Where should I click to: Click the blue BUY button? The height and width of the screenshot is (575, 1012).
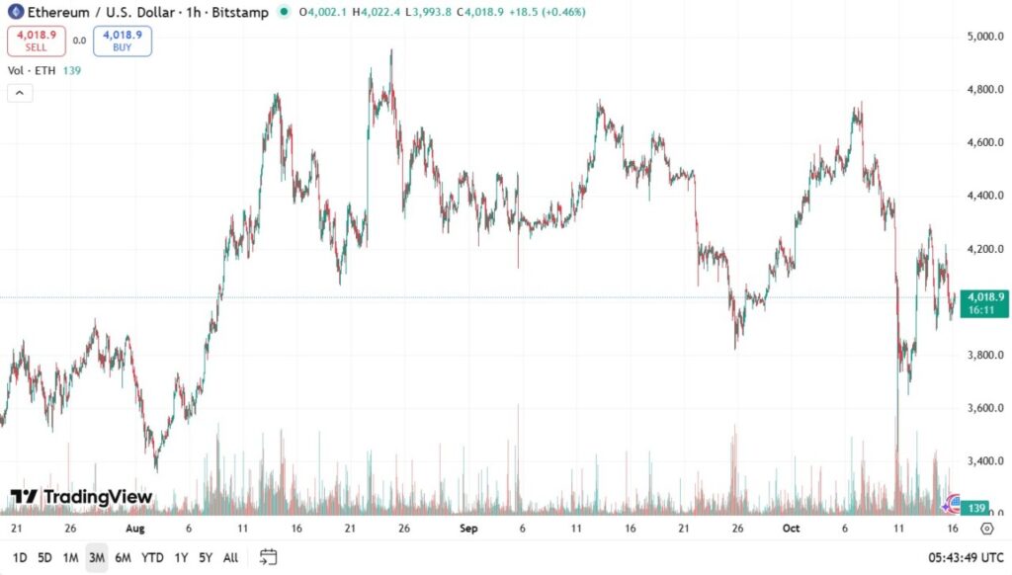click(x=123, y=41)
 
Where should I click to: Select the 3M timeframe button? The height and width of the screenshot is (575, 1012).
click(x=97, y=557)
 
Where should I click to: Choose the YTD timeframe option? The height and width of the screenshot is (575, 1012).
click(x=152, y=557)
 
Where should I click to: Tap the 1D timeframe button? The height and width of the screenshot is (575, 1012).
click(x=20, y=557)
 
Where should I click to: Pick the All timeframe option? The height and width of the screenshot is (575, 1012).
click(x=230, y=557)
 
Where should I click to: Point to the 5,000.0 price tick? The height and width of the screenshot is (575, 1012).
click(x=985, y=38)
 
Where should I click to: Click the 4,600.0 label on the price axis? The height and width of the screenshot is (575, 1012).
click(x=985, y=143)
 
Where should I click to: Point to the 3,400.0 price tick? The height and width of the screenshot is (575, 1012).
click(x=985, y=461)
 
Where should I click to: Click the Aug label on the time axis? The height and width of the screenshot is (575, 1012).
click(x=135, y=529)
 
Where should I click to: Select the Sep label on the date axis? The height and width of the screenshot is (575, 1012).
click(x=468, y=529)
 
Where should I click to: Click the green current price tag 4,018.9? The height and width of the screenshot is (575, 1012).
click(x=986, y=301)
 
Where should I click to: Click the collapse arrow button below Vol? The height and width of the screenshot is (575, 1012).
click(x=20, y=93)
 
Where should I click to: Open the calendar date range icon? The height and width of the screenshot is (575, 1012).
click(x=268, y=557)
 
